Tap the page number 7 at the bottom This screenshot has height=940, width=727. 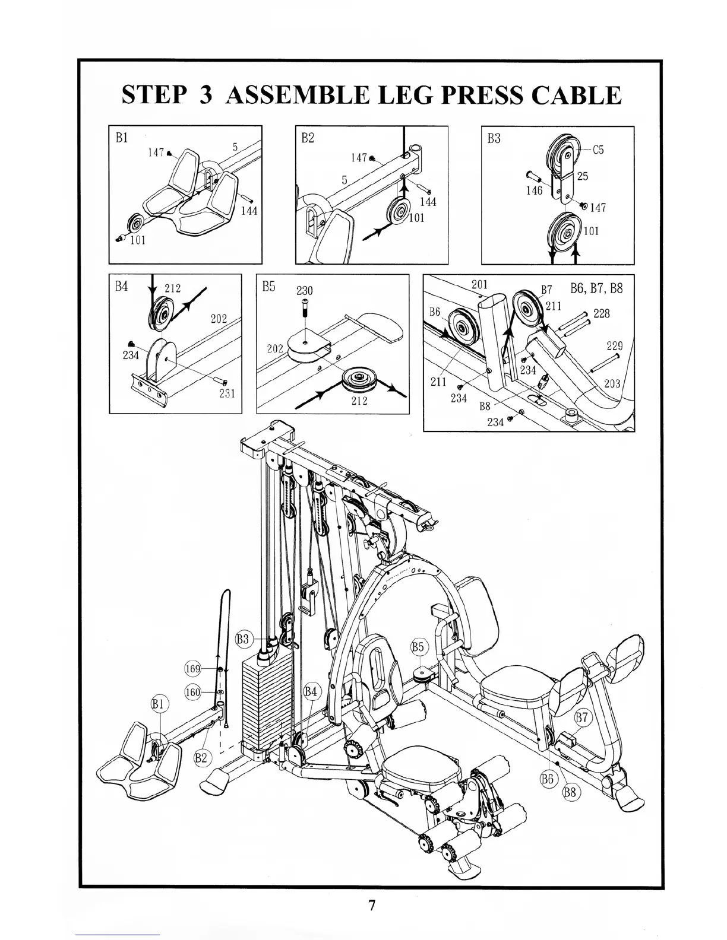coord(371,906)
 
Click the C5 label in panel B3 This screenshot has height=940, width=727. coord(598,150)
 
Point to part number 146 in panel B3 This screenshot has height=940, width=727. coord(534,190)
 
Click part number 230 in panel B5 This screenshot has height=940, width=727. coord(304,291)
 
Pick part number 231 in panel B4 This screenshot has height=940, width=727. coord(227,393)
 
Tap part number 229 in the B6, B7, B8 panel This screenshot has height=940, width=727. coord(614,346)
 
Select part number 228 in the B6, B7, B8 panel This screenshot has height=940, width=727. coord(601,313)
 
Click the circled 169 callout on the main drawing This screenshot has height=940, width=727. coord(193,669)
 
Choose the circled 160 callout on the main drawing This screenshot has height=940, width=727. coord(193,692)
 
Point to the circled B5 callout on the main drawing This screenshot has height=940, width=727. coord(419,646)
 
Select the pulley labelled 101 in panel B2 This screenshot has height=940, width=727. coord(397,212)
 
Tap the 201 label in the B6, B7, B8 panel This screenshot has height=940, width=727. coord(479,284)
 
